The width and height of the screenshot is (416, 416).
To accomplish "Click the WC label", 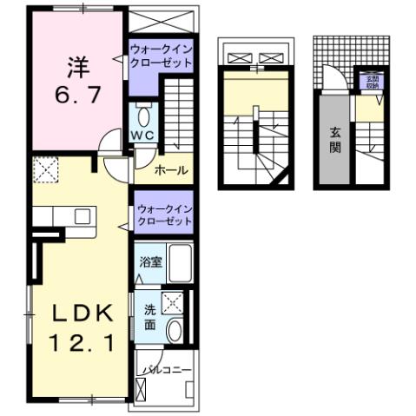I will (142, 135).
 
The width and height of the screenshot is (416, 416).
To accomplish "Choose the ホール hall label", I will (172, 170).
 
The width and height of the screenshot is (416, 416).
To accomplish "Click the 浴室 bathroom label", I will (149, 261).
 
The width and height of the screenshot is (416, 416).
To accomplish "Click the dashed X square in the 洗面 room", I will (174, 302).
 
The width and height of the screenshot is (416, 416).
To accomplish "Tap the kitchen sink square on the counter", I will (84, 215).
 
